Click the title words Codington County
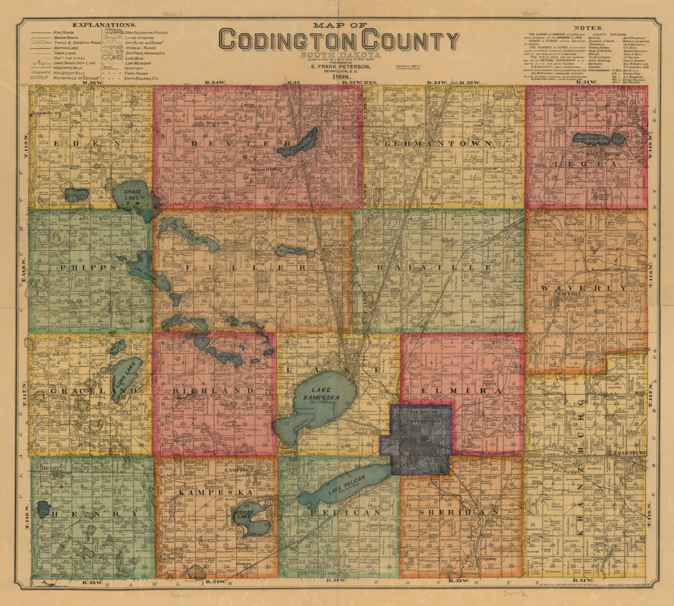pyautogui.click(x=339, y=40)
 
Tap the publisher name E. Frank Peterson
pyautogui.click(x=340, y=66)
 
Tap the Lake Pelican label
pyautogui.click(x=341, y=483)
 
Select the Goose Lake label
pyautogui.click(x=245, y=513)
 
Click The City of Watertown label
pyautogui.click(x=422, y=415)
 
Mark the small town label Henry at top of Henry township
pyautogui.click(x=48, y=468)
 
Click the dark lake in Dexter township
pyautogui.click(x=298, y=143)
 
